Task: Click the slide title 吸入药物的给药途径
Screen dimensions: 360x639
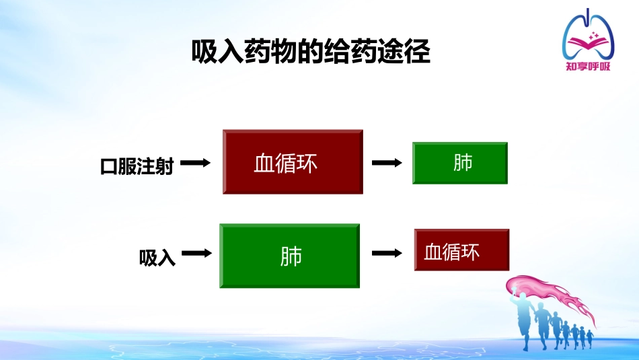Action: click(x=311, y=52)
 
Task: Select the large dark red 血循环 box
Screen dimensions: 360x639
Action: click(x=293, y=162)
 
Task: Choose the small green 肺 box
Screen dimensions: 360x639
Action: click(x=460, y=163)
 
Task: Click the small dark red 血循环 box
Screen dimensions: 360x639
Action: click(x=461, y=250)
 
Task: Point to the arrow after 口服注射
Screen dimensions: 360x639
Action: click(x=196, y=163)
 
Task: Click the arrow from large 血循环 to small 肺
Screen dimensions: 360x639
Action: click(x=387, y=163)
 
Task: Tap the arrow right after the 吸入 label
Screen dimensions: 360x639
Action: click(x=197, y=254)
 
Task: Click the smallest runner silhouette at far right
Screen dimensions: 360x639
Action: click(x=591, y=336)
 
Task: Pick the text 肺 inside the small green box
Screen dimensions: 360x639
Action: click(x=463, y=163)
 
